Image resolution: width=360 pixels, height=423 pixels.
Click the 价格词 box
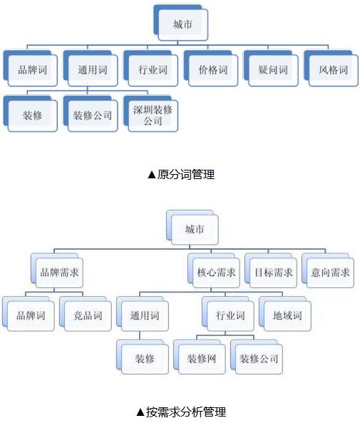tap(211, 68)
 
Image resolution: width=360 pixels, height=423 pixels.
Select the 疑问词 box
tap(271, 68)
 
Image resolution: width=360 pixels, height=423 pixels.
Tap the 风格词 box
tap(331, 68)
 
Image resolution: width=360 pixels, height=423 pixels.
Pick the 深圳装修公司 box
tap(150, 113)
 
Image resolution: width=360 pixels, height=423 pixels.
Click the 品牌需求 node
tap(57, 270)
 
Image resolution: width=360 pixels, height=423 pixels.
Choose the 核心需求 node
tap(214, 270)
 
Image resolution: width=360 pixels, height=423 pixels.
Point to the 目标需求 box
tap(271, 270)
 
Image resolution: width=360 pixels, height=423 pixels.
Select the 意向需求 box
tap(328, 270)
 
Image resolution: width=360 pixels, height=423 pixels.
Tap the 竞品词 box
tap(86, 314)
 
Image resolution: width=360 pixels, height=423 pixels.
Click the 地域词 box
tap(285, 314)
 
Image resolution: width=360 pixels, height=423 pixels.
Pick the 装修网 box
tap(200, 357)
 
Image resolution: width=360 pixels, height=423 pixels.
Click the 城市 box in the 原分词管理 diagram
tap(181, 23)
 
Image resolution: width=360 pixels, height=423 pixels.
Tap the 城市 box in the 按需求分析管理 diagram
tap(192, 228)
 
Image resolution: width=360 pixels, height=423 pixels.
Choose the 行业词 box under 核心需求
tap(228, 314)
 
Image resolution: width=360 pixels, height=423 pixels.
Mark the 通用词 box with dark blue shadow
tap(91, 68)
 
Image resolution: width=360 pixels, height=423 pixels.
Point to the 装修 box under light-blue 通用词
tap(143, 357)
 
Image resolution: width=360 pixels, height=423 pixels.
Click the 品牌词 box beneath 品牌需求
tap(29, 314)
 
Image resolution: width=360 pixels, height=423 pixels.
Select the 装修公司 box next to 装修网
tap(257, 357)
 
